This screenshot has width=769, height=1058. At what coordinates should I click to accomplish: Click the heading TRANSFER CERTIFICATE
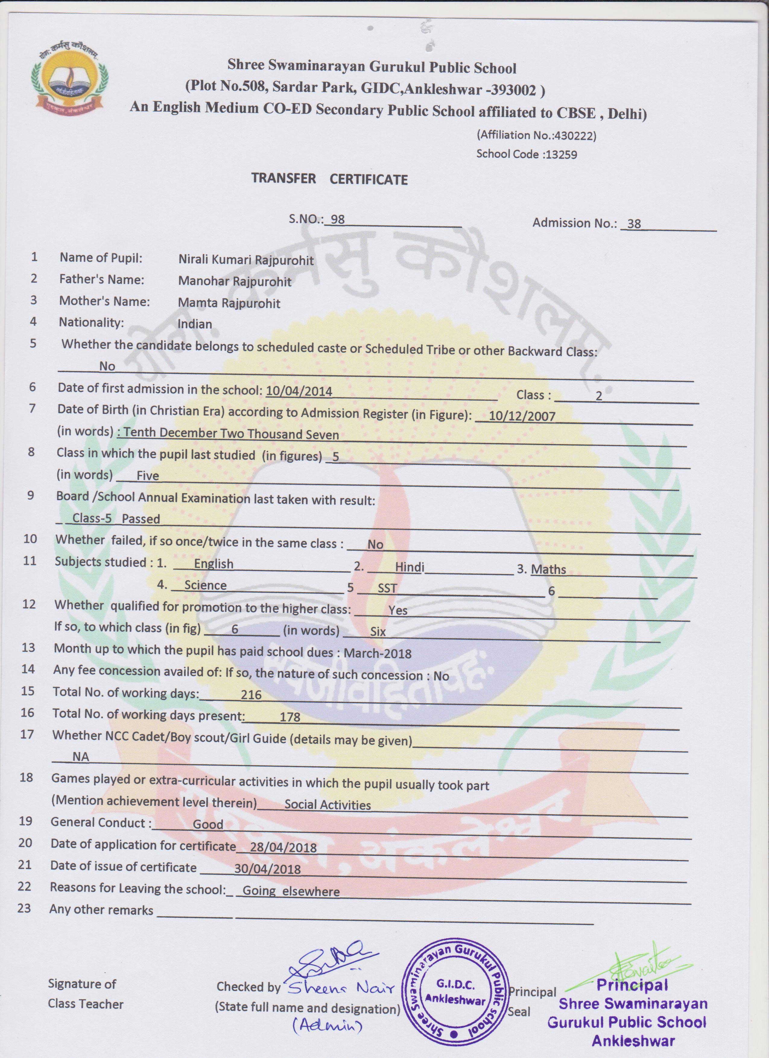coord(329,179)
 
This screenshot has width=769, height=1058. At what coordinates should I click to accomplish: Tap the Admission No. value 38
coord(634,224)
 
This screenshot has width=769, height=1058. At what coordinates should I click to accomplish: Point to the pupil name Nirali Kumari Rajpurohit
coord(246,260)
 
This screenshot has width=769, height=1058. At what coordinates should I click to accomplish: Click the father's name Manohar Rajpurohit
coord(235,281)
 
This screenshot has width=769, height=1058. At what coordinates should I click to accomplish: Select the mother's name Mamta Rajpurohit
coord(229,303)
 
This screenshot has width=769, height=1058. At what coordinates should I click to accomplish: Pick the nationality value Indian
coord(195,324)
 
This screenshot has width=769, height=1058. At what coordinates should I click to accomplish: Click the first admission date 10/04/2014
coord(299,391)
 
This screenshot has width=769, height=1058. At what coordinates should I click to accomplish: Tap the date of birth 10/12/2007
coord(522,416)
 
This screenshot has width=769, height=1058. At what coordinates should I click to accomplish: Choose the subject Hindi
coord(410,567)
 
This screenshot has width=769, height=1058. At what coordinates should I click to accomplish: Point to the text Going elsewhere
coord(290,891)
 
